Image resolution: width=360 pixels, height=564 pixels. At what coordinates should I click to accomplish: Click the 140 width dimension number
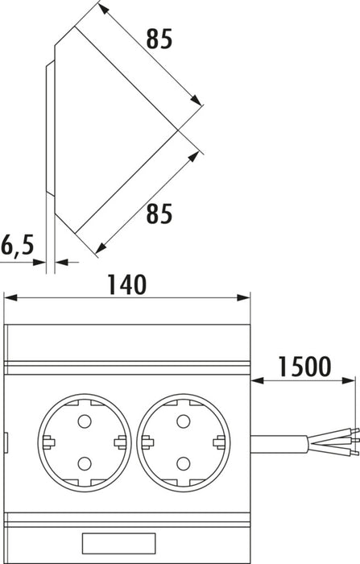(127, 284)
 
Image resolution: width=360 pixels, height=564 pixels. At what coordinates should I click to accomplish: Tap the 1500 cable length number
(304, 367)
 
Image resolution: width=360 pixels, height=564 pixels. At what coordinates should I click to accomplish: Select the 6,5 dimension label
(17, 245)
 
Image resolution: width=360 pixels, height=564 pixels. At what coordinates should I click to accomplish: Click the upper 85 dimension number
(159, 39)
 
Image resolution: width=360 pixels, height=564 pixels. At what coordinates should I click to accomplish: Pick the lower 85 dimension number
(159, 214)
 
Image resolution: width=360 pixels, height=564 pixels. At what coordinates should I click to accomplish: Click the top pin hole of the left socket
(85, 421)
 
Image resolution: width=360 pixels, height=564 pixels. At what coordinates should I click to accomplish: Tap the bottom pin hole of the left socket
(85, 463)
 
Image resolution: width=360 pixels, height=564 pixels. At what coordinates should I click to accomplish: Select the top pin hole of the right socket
(184, 421)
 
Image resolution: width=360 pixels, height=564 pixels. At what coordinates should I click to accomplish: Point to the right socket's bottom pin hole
(184, 463)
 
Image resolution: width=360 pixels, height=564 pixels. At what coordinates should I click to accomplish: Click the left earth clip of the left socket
(48, 442)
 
